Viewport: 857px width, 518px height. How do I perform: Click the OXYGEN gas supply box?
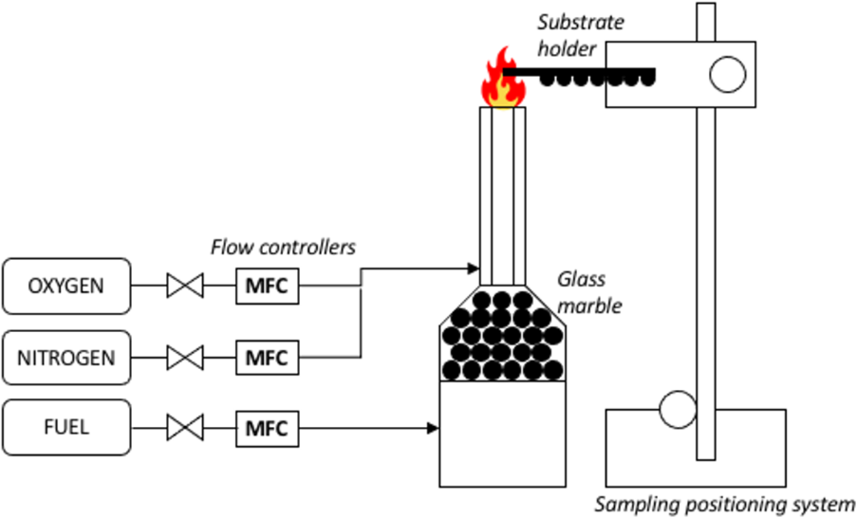point(66,286)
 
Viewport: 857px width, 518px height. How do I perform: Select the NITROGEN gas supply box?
point(66,359)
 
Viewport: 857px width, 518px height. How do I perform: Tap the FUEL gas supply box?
point(66,427)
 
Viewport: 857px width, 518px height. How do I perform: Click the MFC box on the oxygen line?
point(267,286)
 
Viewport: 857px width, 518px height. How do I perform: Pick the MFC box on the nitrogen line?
point(267,359)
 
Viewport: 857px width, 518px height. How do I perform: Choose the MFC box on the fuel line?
point(267,427)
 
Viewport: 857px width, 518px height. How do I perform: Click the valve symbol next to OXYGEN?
point(184,286)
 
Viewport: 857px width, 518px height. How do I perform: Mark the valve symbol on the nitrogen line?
point(184,359)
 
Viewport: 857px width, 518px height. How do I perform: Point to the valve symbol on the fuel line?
point(184,427)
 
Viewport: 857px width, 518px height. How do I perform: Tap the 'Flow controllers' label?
point(283,248)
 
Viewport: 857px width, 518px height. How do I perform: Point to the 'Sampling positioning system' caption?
point(725,504)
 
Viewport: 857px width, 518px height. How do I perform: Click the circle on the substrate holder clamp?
point(728,74)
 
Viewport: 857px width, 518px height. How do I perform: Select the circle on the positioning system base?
point(678,410)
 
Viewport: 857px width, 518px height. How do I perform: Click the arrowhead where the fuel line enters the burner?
point(433,428)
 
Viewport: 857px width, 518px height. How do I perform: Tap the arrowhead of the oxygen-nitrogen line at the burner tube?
point(474,268)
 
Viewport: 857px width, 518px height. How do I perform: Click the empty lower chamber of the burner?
point(503,434)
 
